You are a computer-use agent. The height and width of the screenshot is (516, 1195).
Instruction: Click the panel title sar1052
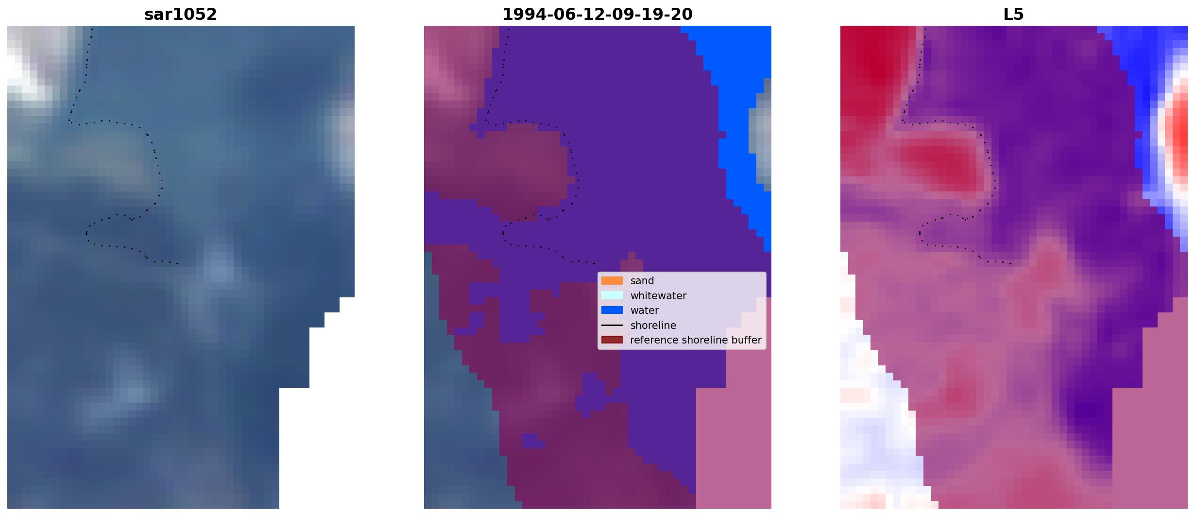[181, 15]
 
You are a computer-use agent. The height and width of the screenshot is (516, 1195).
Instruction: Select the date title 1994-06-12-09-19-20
[597, 15]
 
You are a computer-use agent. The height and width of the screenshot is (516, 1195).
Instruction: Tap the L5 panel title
[1014, 15]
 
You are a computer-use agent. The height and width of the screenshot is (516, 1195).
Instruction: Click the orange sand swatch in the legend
[612, 281]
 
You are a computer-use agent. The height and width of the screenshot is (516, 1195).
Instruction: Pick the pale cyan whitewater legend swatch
[612, 295]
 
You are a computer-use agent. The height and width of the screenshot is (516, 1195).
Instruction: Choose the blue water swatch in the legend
[612, 310]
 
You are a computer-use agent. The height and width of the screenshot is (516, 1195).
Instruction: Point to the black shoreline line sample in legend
[612, 325]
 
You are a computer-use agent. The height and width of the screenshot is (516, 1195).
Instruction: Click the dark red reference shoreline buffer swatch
[612, 340]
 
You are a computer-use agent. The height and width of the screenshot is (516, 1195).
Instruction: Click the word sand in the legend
[642, 281]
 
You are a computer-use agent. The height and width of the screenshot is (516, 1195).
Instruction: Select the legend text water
[645, 310]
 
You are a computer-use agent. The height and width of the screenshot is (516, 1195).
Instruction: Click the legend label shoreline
[653, 325]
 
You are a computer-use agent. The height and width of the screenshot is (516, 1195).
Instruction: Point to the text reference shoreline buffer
[696, 340]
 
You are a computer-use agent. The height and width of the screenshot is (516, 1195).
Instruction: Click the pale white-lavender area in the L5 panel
[877, 413]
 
